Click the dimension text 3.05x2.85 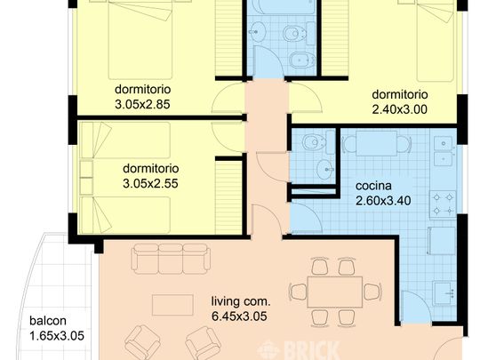pos(142,104)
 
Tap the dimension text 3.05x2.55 pos(150,184)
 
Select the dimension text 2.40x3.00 pos(399,109)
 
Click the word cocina pos(373,186)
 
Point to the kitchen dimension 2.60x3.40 pos(383,201)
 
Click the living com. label pos(241,301)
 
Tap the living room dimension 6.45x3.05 pos(239,316)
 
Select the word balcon pos(48,321)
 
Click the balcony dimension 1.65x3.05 pos(57,336)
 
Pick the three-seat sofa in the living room pos(171,259)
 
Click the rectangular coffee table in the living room pos(172,305)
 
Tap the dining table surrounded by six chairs pos(335,292)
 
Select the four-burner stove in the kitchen pos(443,204)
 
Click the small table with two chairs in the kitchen pos(376,143)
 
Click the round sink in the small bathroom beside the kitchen pos(325,169)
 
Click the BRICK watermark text pos(312,351)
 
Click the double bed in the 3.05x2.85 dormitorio pos(140,40)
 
